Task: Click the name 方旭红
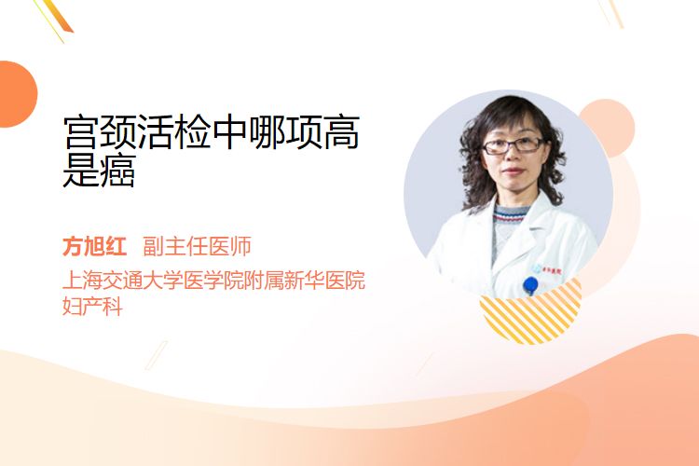pyautogui.click(x=94, y=246)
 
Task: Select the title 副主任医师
pyautogui.click(x=197, y=246)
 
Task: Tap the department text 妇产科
pyautogui.click(x=92, y=307)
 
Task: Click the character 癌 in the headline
pyautogui.click(x=117, y=171)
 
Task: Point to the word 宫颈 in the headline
pyautogui.click(x=99, y=132)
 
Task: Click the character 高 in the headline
pyautogui.click(x=341, y=132)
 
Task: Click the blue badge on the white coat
pyautogui.click(x=530, y=285)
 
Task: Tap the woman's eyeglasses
pyautogui.click(x=513, y=145)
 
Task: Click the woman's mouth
pyautogui.click(x=514, y=171)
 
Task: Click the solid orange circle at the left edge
pyautogui.click(x=17, y=94)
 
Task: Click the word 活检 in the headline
pyautogui.click(x=174, y=132)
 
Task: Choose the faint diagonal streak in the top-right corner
pyautogui.click(x=611, y=12)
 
